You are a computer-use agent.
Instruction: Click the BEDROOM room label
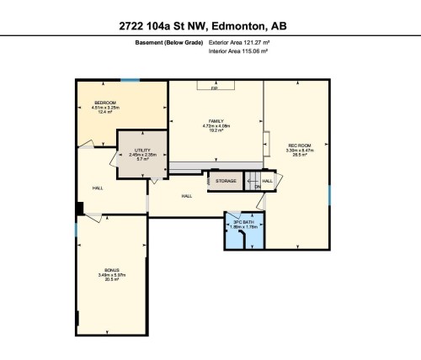[x=105, y=103]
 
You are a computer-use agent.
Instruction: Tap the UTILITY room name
[x=141, y=149]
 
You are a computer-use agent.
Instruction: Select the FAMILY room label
[x=215, y=120]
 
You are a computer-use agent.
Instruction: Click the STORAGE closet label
[x=226, y=180]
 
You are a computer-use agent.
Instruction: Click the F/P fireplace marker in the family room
[x=215, y=87]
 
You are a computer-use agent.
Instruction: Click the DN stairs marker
[x=258, y=187]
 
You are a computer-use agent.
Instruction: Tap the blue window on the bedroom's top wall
[x=130, y=80]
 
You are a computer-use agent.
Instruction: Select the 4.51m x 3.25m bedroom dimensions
[x=105, y=108]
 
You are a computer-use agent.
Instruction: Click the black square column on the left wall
[x=80, y=209]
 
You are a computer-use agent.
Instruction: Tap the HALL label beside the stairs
[x=267, y=180]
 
